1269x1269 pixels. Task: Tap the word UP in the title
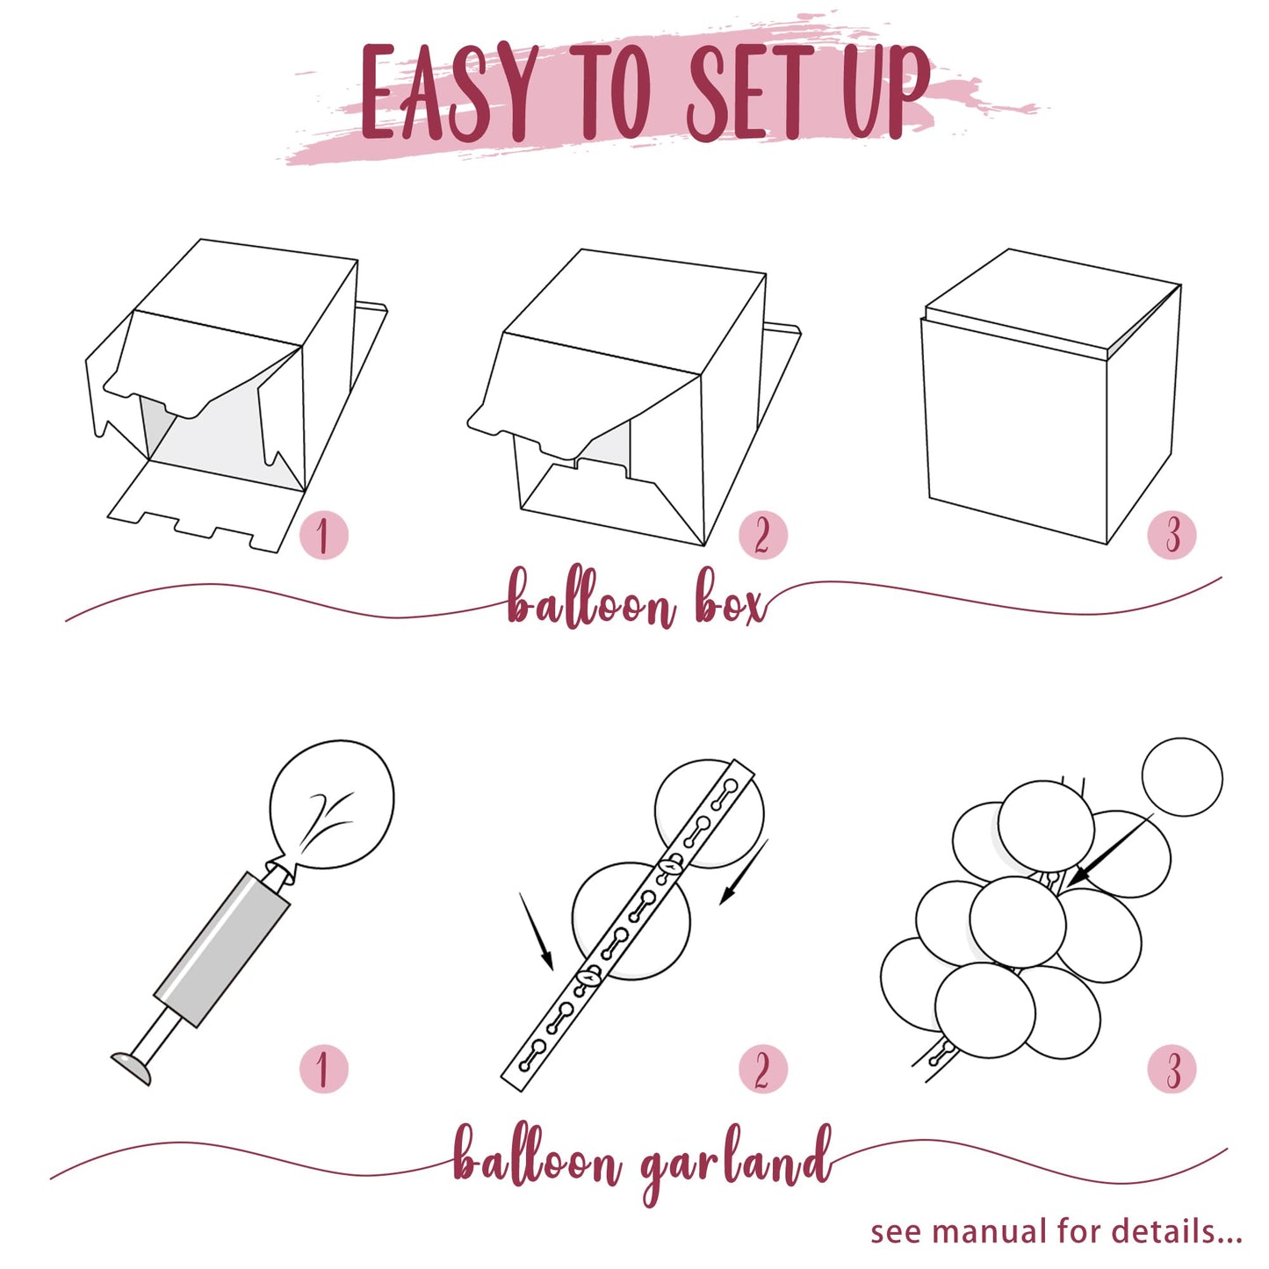coord(886,92)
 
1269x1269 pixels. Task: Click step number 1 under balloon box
coord(322,535)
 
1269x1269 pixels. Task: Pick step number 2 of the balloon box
coord(762,535)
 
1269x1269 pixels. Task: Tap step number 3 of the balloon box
coord(1172,535)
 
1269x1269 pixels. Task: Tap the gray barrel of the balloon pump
coord(222,949)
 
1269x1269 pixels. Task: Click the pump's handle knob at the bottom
coord(131,1068)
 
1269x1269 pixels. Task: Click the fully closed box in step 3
coord(1049,395)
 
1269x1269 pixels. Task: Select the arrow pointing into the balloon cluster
coord(1109,850)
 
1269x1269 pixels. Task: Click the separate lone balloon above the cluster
coord(1181,777)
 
